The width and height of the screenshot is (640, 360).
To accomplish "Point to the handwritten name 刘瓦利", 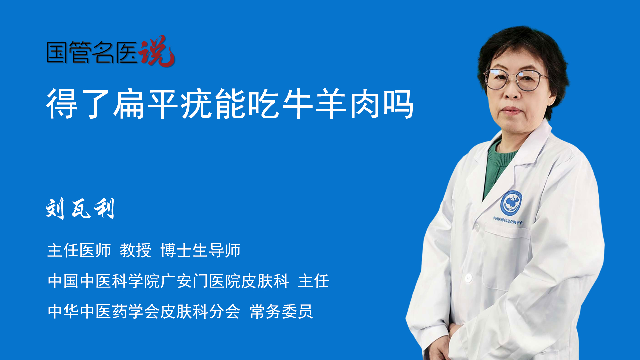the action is click(x=80, y=209).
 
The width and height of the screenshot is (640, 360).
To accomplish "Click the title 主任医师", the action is click(x=79, y=250).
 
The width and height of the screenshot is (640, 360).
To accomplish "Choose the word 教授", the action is click(x=136, y=250).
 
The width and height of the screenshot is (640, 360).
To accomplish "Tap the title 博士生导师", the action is click(x=200, y=250).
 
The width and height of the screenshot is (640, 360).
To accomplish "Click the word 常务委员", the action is click(x=281, y=312).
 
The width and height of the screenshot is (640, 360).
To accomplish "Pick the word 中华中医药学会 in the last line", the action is click(x=103, y=312).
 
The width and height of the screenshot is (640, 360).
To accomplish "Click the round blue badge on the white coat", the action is click(x=511, y=203).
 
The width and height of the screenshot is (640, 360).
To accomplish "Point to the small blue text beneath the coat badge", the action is click(x=508, y=220).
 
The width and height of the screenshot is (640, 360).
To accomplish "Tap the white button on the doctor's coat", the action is click(x=468, y=277).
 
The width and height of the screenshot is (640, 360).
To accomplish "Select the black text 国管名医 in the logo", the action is click(x=92, y=52).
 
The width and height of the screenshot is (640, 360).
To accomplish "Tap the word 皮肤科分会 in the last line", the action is click(x=200, y=312).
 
